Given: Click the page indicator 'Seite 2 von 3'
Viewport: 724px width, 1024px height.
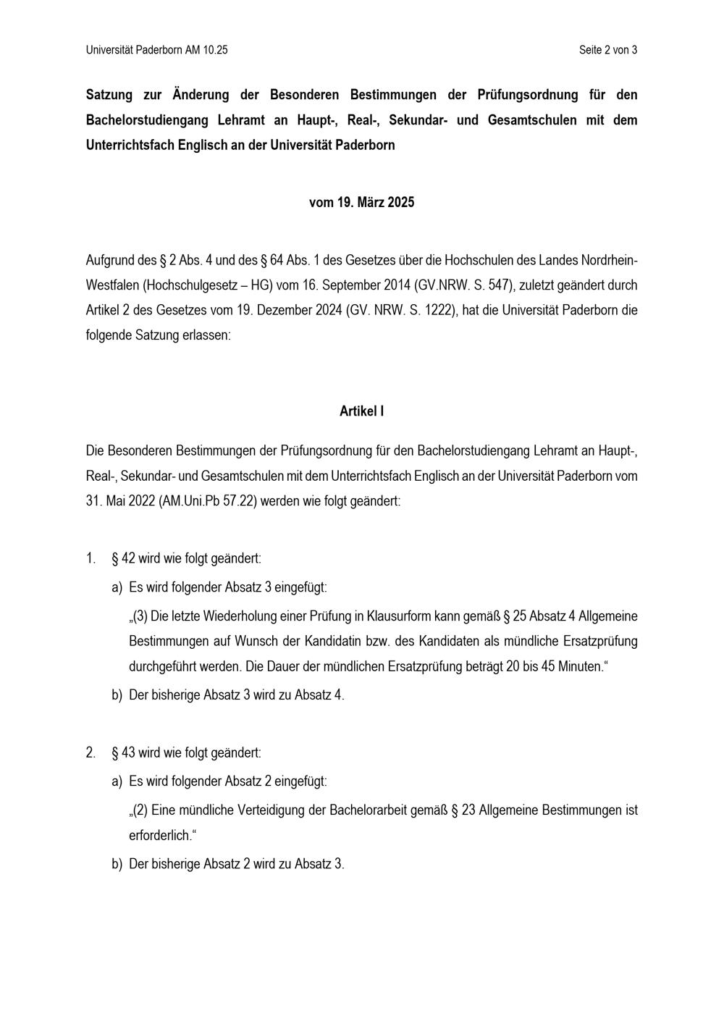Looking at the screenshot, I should [x=607, y=50].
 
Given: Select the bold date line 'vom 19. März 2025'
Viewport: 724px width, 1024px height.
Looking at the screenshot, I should [x=361, y=203].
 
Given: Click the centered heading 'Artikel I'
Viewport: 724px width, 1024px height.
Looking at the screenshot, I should [x=361, y=411].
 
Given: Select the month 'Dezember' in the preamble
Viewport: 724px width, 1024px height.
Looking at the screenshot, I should [x=288, y=311].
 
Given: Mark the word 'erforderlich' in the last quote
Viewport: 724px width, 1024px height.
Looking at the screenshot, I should [x=159, y=836].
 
